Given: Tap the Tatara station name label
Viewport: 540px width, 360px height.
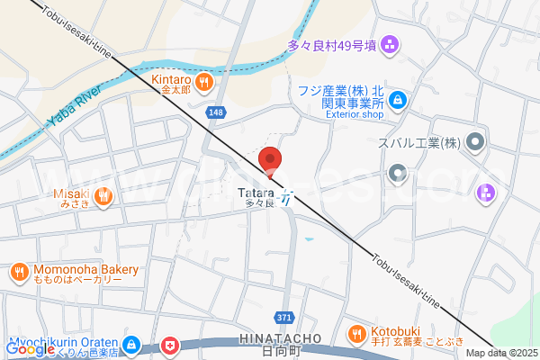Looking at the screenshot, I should pos(256,193).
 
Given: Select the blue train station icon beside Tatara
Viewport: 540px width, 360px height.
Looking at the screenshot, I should pos(285,198).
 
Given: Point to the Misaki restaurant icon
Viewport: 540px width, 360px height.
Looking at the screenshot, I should pos(104,195).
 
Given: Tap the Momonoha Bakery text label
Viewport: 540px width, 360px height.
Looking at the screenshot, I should pos(86,269).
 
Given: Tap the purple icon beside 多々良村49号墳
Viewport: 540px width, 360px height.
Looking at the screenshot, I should pos(390,43).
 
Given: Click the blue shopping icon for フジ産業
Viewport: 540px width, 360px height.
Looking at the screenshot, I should pos(398,101).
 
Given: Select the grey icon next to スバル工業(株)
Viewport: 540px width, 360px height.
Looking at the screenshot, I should pos(476,143).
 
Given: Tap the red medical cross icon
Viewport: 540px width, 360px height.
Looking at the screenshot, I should pos(170,346).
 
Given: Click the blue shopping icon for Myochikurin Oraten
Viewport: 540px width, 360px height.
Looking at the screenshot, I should pos(131,345).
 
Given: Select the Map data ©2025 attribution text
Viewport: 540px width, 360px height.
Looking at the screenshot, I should pos(501,354).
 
